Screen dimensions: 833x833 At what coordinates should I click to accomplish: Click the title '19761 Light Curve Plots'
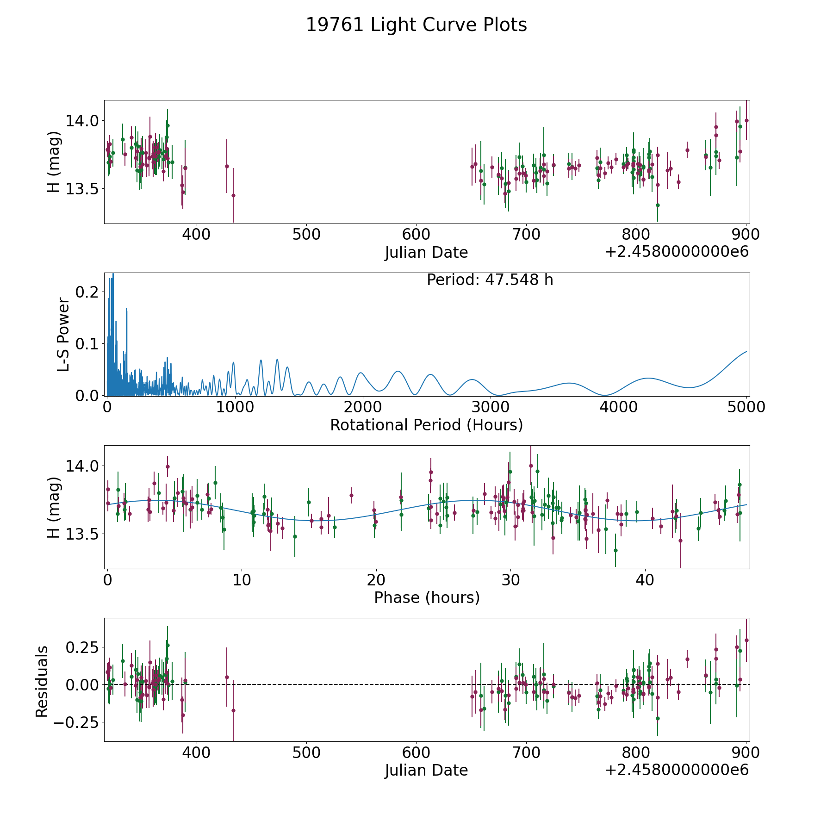pos(416,25)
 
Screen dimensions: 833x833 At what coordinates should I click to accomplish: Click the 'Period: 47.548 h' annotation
pos(490,280)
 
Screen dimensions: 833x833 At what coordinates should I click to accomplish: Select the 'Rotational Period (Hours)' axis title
pos(426,425)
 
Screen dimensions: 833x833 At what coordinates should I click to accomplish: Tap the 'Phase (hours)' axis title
pos(426,597)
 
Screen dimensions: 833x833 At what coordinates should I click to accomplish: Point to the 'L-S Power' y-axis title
pos(63,334)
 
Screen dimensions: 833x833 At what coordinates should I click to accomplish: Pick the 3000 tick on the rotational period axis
pos(491,407)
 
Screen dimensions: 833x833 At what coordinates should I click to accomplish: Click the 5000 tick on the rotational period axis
pos(746,407)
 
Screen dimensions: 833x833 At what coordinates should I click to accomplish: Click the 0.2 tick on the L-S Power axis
pos(88,292)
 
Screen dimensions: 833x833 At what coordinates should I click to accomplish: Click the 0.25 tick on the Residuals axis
pos(82,647)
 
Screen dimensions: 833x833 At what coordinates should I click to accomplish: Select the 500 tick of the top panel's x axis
pos(306,235)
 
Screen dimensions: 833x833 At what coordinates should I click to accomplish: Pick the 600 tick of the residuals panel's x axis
pos(416,753)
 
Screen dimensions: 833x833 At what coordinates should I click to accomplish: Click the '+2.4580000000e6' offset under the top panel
pos(677,252)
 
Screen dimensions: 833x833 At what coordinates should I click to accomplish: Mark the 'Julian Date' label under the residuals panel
pos(426,771)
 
